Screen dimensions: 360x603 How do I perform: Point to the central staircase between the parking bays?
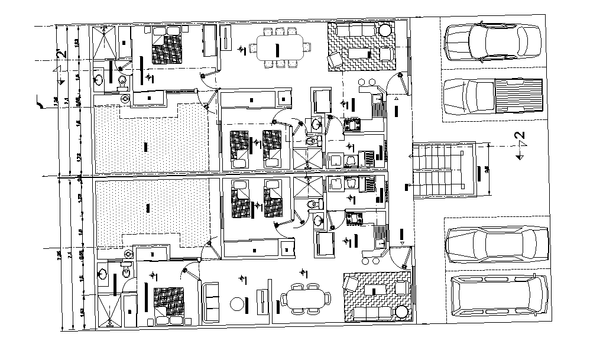point(443,169)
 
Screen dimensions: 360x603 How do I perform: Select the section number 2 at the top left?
point(60,56)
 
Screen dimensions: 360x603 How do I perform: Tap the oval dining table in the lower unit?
point(305,299)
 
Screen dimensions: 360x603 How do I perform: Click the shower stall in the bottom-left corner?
point(108,310)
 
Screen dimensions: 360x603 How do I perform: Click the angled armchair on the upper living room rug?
point(335,60)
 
